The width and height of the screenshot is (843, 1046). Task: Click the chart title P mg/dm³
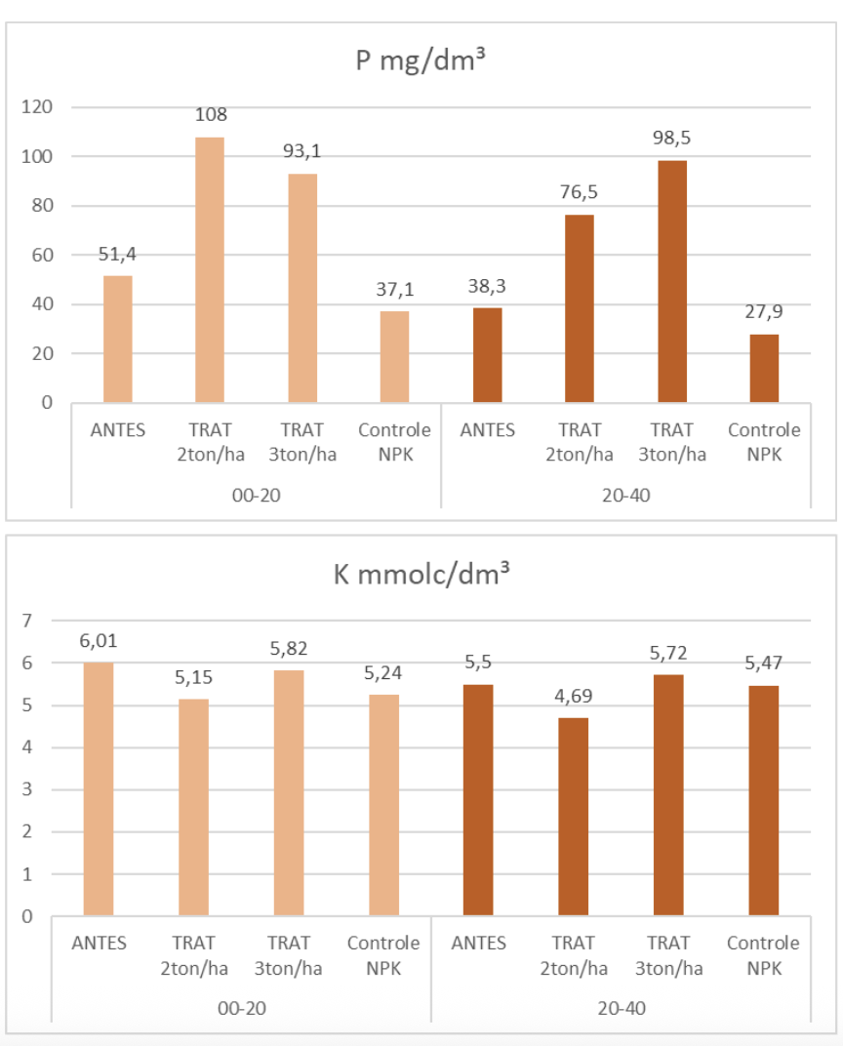(x=421, y=60)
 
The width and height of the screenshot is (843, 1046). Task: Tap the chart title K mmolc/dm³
(x=421, y=576)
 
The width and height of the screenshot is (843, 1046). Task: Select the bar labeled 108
(x=210, y=269)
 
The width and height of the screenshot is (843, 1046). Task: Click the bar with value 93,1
(x=302, y=288)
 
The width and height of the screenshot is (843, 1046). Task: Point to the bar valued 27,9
(x=764, y=368)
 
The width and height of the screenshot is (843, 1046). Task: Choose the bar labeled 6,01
(x=99, y=789)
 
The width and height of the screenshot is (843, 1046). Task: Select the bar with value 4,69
(x=574, y=818)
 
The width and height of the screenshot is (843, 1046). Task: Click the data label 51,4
(x=117, y=254)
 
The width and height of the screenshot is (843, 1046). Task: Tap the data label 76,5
(x=580, y=192)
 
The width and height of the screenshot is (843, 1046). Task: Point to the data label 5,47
(x=764, y=664)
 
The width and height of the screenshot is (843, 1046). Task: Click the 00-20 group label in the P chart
(x=256, y=495)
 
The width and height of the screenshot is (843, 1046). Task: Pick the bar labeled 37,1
(x=394, y=356)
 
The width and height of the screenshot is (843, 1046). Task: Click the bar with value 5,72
(x=668, y=795)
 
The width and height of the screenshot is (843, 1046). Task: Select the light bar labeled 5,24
(x=384, y=806)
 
